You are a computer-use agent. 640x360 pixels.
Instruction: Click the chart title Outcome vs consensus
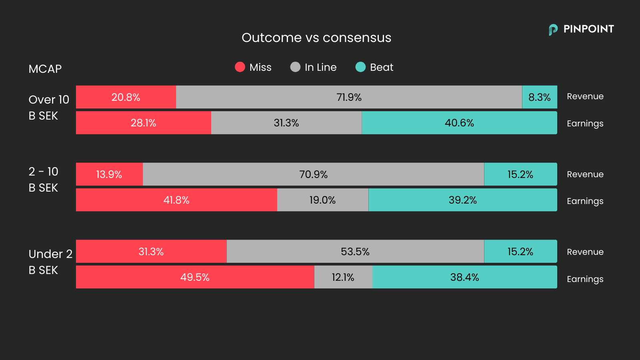pos(316,38)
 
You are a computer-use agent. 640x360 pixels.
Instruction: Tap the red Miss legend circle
pos(240,67)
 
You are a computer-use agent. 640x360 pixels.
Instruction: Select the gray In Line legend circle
pos(295,67)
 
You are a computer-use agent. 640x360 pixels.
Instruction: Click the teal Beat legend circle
pos(360,67)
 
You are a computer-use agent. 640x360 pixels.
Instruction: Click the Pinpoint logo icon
pos(553,30)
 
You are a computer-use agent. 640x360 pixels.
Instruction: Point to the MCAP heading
pos(45,69)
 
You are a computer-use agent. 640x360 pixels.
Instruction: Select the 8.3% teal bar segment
pos(540,97)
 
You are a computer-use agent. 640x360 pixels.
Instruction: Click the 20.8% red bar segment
pos(126,97)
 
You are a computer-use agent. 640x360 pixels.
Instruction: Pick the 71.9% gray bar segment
pos(349,97)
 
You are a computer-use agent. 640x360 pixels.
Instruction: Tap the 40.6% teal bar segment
pos(459,123)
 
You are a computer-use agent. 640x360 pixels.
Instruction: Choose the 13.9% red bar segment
pos(109,174)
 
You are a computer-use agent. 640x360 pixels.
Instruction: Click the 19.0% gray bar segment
pos(322,200)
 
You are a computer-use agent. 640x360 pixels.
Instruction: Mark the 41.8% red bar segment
pos(176,200)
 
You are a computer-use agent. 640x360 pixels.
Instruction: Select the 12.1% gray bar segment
pos(343,277)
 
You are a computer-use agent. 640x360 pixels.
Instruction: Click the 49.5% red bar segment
pos(195,277)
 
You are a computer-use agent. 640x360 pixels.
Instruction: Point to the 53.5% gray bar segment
pos(355,252)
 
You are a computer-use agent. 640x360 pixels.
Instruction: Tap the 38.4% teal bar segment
pos(464,277)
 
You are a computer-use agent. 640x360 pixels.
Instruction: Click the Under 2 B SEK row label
pos(50,262)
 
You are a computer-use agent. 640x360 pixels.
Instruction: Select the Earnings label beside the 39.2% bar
pos(585,201)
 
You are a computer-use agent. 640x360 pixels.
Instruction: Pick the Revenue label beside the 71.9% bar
pos(585,96)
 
